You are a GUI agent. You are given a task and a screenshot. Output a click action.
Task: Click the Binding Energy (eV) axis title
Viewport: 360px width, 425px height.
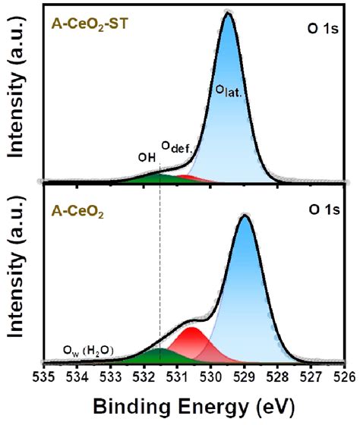193,408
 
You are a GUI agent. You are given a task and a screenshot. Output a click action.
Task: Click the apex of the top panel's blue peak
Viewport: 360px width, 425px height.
228,13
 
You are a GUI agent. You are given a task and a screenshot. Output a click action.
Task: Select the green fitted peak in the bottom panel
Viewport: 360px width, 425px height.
156,355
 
